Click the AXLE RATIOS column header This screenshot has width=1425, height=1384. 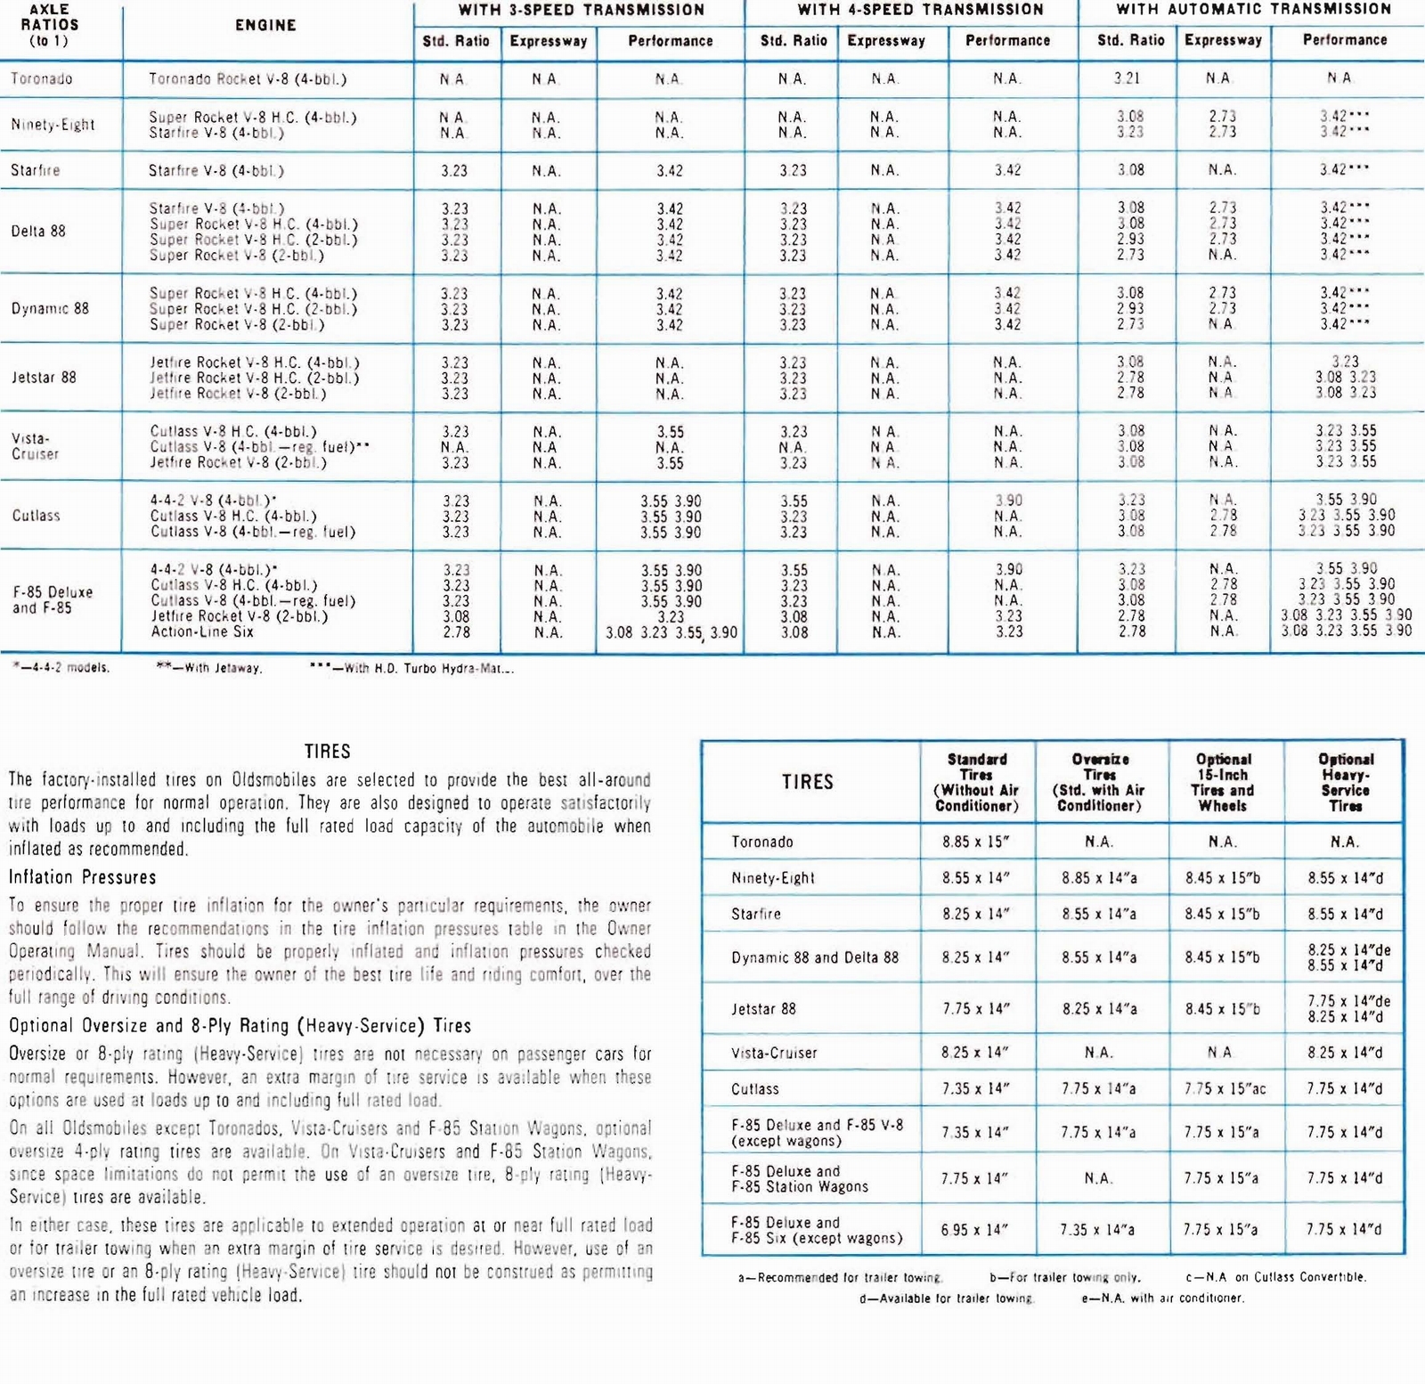[49, 25]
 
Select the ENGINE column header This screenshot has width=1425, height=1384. [265, 26]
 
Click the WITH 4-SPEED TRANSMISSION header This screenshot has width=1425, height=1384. [920, 10]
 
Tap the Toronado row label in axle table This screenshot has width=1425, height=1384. [42, 78]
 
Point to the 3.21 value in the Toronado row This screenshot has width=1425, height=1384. [1127, 78]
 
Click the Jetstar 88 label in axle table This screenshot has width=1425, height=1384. [44, 378]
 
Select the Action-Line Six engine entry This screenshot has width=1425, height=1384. [202, 632]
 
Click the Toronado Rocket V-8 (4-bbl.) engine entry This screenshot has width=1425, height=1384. [248, 78]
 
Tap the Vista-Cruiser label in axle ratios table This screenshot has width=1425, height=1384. [35, 446]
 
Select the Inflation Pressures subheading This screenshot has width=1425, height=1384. [82, 877]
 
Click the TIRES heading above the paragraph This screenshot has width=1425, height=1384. [327, 752]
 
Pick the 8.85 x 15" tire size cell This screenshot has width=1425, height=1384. [976, 842]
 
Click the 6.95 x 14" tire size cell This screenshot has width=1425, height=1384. [976, 1230]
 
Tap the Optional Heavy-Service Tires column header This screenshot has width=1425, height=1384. [1345, 782]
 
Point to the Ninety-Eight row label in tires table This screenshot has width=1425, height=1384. [773, 878]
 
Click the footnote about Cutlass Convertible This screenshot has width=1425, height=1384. [1275, 1277]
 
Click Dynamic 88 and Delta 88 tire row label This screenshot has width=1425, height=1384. [815, 957]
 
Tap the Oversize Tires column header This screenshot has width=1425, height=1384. [1099, 782]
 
